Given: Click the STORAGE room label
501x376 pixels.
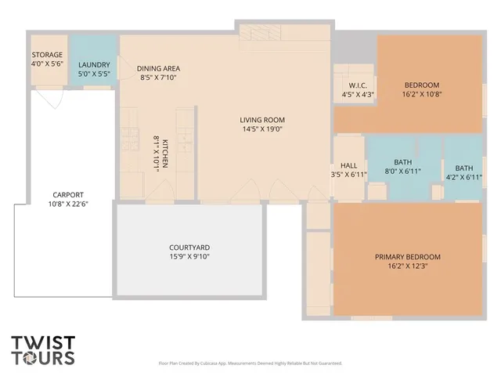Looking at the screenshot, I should [x=47, y=55].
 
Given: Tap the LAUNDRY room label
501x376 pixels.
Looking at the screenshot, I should [x=94, y=65].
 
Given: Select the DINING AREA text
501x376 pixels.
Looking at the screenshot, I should [x=159, y=68].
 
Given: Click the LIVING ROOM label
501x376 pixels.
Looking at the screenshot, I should [x=261, y=120].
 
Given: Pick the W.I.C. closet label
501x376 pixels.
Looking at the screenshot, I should [x=359, y=85].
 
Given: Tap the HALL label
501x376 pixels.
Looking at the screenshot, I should [x=349, y=165].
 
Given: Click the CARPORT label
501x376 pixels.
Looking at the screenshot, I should [x=68, y=195].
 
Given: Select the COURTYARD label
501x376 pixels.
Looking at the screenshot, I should [x=189, y=247].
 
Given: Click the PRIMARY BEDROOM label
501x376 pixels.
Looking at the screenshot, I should [x=407, y=257].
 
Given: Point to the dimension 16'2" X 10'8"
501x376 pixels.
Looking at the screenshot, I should [x=422, y=95].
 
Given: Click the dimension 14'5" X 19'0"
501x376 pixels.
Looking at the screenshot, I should [x=261, y=129].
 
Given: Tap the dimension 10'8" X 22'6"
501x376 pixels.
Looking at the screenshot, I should [x=68, y=204].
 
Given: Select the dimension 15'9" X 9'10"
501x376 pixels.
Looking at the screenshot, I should [x=189, y=256].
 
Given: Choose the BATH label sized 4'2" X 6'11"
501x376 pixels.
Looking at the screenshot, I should [x=464, y=168].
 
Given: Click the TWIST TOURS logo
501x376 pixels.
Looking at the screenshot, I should [x=44, y=350].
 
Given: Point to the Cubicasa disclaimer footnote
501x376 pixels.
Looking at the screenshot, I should [x=250, y=363].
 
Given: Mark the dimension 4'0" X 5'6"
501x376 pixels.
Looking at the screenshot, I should [x=47, y=64].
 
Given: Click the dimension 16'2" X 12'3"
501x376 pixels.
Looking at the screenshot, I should [x=407, y=266].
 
